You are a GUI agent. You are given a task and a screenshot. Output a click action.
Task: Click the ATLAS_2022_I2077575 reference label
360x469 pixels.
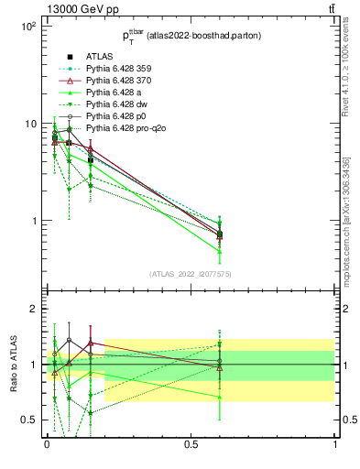[190, 274]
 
